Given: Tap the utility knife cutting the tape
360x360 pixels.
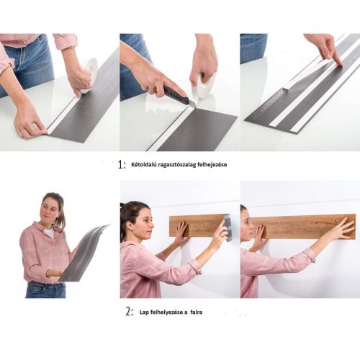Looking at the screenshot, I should click(x=176, y=95).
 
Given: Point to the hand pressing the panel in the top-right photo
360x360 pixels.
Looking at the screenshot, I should click(x=326, y=47).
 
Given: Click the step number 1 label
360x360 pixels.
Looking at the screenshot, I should click(x=122, y=164).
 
